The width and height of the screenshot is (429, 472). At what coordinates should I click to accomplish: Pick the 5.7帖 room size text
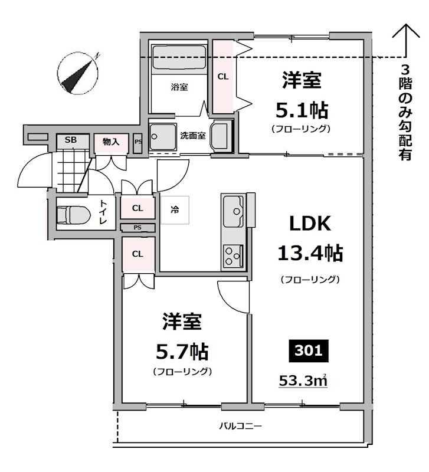click(x=182, y=352)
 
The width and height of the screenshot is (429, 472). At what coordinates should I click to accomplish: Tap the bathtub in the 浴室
click(x=179, y=60)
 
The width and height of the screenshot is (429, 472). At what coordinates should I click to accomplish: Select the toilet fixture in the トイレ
click(x=72, y=215)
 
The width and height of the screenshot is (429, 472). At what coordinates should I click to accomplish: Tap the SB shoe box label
click(x=71, y=140)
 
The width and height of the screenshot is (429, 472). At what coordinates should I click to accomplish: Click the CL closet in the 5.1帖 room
click(x=223, y=77)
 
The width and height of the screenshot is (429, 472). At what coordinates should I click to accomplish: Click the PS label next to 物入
click(x=138, y=142)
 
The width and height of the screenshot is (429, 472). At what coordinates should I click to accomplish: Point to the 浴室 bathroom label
click(x=179, y=87)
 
